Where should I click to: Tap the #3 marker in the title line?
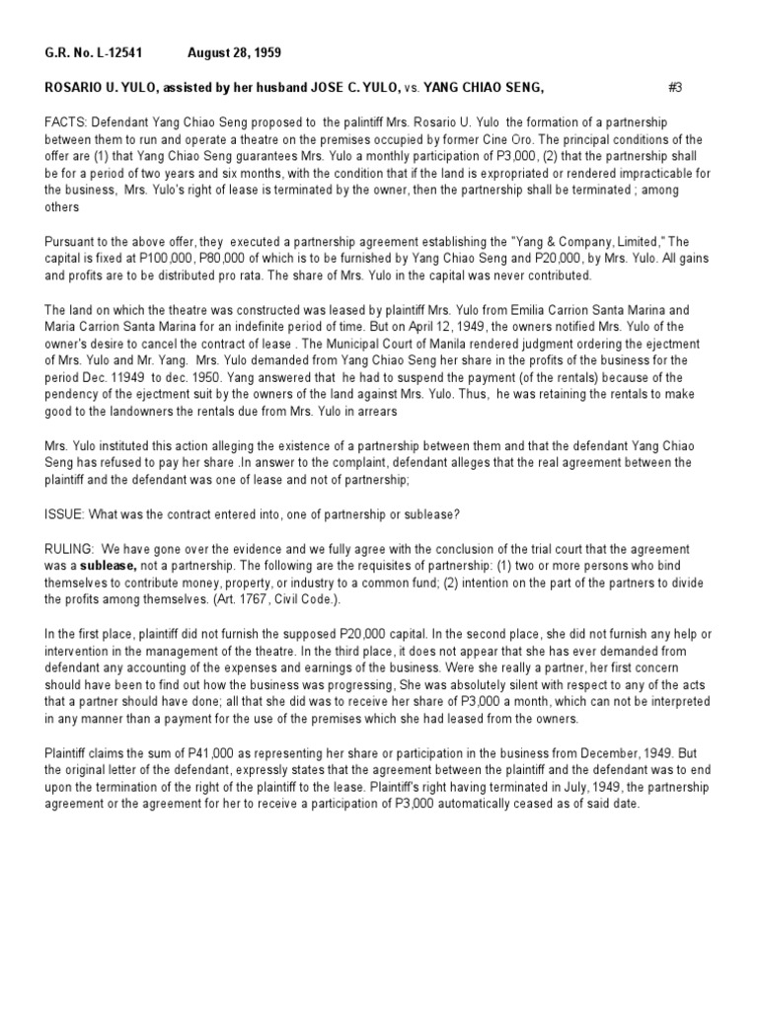click(x=675, y=88)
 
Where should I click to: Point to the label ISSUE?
click(x=64, y=514)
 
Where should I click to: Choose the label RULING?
click(x=69, y=548)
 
